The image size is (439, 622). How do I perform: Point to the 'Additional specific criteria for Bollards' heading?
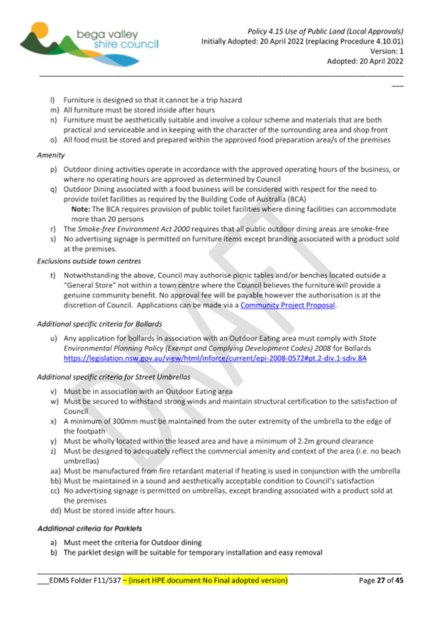point(100,323)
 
